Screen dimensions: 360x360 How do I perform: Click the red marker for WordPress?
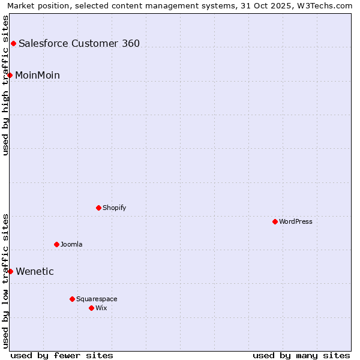pyautogui.click(x=275, y=221)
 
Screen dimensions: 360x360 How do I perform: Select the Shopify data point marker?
pyautogui.click(x=98, y=208)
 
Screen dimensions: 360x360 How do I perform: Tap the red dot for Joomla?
pyautogui.click(x=56, y=244)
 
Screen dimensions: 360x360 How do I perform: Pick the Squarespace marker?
pyautogui.click(x=72, y=299)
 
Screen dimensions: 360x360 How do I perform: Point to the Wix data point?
pyautogui.click(x=91, y=308)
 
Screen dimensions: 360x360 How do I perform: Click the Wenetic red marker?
pyautogui.click(x=10, y=271)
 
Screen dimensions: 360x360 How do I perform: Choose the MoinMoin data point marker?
pyautogui.click(x=10, y=75)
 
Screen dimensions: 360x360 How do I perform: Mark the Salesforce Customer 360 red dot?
pyautogui.click(x=13, y=43)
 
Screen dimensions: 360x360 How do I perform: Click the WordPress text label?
pyautogui.click(x=296, y=221)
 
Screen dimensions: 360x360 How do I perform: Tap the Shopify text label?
pyautogui.click(x=114, y=208)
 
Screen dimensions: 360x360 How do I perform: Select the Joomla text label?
pyautogui.click(x=71, y=244)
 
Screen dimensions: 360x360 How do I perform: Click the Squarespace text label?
pyautogui.click(x=97, y=299)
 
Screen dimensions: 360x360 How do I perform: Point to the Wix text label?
pyautogui.click(x=101, y=308)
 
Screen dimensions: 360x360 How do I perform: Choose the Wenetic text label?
pyautogui.click(x=35, y=271)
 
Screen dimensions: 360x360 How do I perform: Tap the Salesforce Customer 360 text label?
pyautogui.click(x=79, y=43)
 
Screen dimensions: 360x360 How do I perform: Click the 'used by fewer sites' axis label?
pyautogui.click(x=62, y=355)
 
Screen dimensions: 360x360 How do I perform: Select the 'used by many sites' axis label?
pyautogui.click(x=301, y=355)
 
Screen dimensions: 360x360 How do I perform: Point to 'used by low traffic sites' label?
pyautogui.click(x=6, y=280)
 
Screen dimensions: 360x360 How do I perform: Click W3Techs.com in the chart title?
pyautogui.click(x=328, y=6)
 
